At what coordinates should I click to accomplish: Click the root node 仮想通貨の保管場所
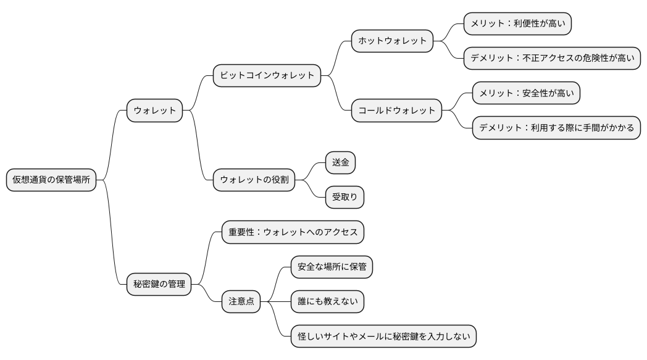[x=51, y=180]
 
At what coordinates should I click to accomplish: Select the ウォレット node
[x=154, y=111]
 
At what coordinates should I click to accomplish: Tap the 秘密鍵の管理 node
[x=159, y=285]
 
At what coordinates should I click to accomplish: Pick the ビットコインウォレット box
[x=267, y=76]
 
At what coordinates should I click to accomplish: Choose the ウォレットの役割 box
[x=254, y=180]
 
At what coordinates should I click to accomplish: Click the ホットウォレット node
[x=392, y=41]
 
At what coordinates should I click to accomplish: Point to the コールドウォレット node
[x=396, y=111]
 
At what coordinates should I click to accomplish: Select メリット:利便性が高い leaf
[x=517, y=24]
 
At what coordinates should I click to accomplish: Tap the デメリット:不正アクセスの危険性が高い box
[x=551, y=59]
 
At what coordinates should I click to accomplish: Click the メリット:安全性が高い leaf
[x=526, y=94]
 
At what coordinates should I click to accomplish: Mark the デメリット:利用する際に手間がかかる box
[x=556, y=128]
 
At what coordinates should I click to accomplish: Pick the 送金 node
[x=341, y=163]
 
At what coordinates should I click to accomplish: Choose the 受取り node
[x=345, y=198]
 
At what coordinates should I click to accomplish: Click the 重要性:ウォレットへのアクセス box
[x=293, y=232]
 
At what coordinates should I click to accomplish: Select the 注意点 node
[x=241, y=302]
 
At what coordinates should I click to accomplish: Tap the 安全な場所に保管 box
[x=332, y=267]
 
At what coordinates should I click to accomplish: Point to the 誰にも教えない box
[x=327, y=302]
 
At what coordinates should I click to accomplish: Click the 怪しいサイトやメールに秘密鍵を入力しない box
[x=383, y=337]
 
